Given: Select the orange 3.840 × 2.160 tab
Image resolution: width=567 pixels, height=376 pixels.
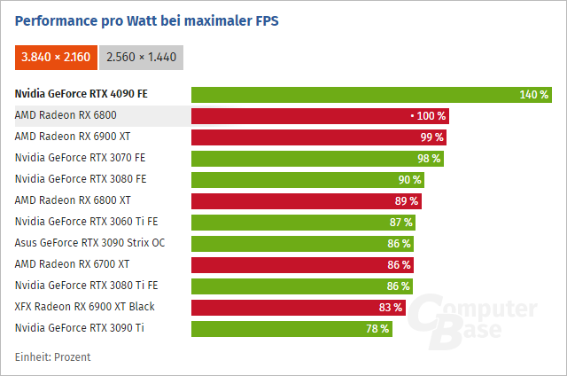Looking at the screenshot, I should click(56, 57).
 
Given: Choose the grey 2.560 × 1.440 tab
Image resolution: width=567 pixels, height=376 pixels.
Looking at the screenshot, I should click(141, 57).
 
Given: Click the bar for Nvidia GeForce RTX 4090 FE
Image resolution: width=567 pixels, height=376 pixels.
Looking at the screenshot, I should click(354, 95).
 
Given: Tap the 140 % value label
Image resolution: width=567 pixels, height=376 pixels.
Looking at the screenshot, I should click(534, 95).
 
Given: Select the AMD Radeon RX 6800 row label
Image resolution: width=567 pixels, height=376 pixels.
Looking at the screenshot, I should click(66, 116).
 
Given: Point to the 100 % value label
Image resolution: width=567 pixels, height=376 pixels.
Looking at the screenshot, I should click(431, 116).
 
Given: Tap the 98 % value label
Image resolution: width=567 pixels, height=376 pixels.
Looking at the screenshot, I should click(430, 159).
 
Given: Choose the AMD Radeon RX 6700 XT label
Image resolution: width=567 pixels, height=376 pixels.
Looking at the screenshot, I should click(72, 264).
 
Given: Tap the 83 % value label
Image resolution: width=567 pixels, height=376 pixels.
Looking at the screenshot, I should click(391, 307).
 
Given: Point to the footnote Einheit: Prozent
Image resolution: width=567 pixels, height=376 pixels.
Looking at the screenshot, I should click(52, 356).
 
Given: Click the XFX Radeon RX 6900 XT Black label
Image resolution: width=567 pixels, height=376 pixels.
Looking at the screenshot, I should click(84, 307).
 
